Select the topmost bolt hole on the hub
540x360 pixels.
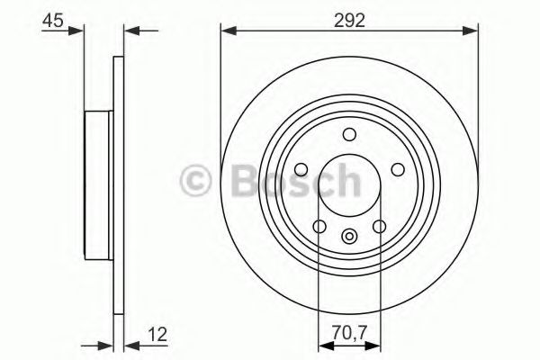tap(349, 134)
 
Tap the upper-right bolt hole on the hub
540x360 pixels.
tap(396, 168)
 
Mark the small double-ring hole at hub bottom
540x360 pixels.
tap(349, 238)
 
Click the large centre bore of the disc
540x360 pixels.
tap(349, 184)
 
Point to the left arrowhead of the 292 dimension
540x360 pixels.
tap(227, 32)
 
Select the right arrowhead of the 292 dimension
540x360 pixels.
tap(472, 32)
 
